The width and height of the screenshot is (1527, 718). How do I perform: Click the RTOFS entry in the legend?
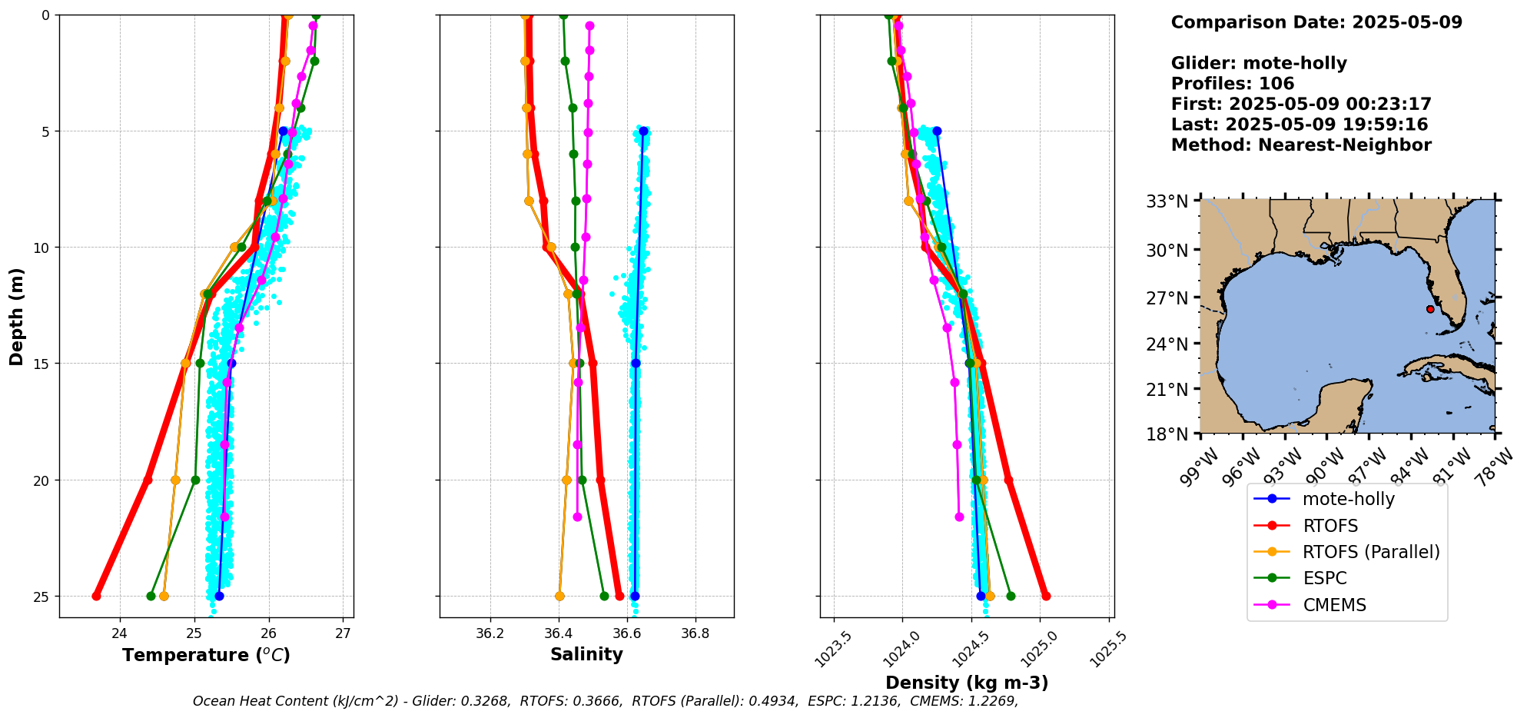point(1329,526)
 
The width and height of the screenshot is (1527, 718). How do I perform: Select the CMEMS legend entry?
point(1334,605)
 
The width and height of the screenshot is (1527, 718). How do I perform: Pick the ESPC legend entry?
point(1324,578)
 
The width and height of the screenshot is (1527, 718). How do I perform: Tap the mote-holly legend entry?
point(1348,499)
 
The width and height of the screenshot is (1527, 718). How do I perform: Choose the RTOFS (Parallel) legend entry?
point(1371,552)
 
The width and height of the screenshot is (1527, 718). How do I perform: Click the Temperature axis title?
point(206,655)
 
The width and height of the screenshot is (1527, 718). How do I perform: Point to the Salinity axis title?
point(586,654)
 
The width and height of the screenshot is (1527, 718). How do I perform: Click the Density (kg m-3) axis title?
point(967,683)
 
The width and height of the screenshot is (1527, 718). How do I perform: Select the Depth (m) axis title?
point(17,317)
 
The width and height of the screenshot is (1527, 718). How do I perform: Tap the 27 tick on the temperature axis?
point(344,633)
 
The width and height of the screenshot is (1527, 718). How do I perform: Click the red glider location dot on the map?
point(1430,309)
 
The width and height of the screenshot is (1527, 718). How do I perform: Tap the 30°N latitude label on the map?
point(1167,250)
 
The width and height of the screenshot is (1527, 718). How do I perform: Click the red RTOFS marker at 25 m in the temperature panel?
point(96,596)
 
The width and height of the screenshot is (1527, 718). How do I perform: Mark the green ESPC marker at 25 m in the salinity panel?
point(604,596)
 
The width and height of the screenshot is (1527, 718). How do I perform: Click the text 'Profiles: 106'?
point(1233,84)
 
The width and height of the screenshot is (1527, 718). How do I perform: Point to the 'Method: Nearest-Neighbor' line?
point(1301,145)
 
